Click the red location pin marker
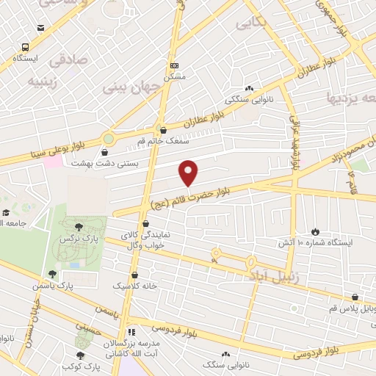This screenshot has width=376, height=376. tap(189, 173)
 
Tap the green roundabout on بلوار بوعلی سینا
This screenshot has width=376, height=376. tap(109, 138)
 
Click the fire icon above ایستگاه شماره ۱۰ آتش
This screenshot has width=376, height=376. tap(316, 231)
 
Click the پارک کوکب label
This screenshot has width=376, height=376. tap(81, 365)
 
